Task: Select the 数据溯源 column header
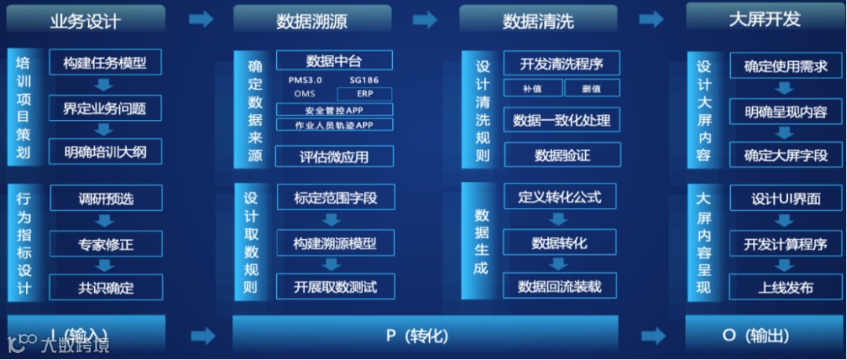click(x=311, y=20)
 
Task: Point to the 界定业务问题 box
click(x=105, y=107)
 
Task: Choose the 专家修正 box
click(x=105, y=244)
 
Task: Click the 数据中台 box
click(x=333, y=61)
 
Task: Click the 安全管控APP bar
click(x=333, y=111)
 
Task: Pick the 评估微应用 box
click(x=333, y=156)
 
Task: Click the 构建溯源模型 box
click(x=333, y=243)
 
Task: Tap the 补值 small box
click(x=532, y=88)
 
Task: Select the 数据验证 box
click(x=562, y=155)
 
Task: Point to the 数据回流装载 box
click(x=560, y=286)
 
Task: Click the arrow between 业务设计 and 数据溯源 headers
click(x=201, y=20)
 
